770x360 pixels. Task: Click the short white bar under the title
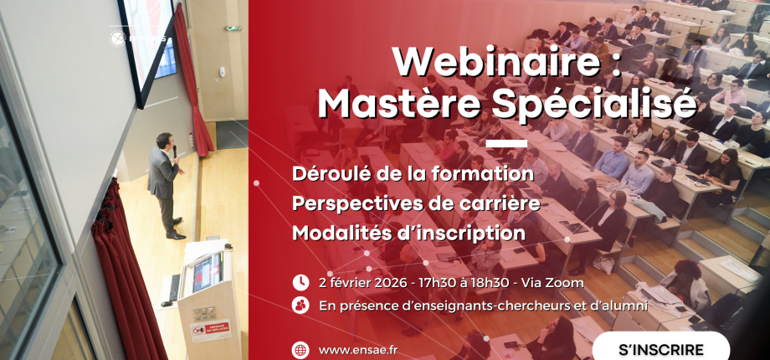(506, 143)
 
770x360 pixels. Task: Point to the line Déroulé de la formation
(413, 174)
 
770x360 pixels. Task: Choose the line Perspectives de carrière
(416, 203)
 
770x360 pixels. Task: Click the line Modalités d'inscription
(409, 232)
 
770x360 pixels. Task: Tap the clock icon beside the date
(300, 283)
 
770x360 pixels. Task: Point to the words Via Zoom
(557, 283)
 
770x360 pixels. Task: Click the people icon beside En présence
(300, 306)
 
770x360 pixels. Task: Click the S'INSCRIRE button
(660, 348)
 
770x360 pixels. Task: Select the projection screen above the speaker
(146, 42)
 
